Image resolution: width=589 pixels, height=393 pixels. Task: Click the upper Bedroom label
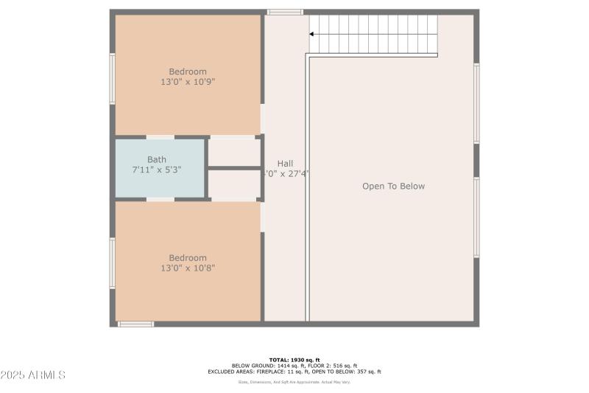(x=188, y=72)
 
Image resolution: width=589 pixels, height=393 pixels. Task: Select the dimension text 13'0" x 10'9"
(x=188, y=82)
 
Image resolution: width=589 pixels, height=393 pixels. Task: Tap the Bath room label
(x=157, y=159)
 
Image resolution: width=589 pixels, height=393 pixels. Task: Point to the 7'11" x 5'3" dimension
(x=156, y=170)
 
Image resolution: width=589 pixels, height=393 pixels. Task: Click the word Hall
(x=285, y=164)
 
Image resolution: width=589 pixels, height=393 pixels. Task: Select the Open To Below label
(x=393, y=187)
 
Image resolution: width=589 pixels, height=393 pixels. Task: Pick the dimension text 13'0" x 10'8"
(x=188, y=268)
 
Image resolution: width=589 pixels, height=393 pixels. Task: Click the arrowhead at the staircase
(x=312, y=34)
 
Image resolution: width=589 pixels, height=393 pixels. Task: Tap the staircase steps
(x=375, y=34)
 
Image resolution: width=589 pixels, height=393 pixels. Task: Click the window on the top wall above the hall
(x=284, y=12)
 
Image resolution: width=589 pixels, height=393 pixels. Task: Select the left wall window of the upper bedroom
(x=113, y=78)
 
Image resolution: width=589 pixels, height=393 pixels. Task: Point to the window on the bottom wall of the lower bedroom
(x=135, y=324)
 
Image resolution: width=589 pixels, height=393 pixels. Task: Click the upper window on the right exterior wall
(x=476, y=103)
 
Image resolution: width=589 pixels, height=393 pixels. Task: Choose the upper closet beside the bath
(x=233, y=152)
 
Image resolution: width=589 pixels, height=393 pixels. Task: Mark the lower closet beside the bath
(x=233, y=185)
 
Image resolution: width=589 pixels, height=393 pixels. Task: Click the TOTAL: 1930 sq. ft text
(x=294, y=360)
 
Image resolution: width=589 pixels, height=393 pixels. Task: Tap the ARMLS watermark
(x=33, y=375)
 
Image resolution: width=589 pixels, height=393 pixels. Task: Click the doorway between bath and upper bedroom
(x=161, y=136)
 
